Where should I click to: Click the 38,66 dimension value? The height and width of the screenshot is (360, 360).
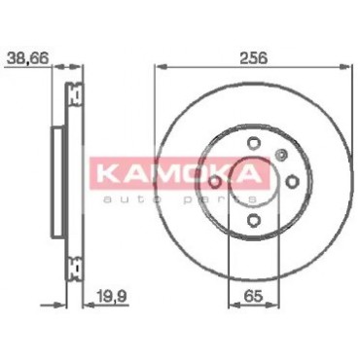click(x=27, y=58)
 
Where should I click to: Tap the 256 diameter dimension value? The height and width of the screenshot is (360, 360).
click(x=253, y=58)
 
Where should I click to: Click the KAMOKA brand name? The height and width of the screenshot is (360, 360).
click(x=180, y=173)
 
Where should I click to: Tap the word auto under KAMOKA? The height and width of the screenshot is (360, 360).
click(x=132, y=199)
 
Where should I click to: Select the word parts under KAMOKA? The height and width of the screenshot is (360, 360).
click(x=221, y=199)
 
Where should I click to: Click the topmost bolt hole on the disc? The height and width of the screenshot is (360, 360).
click(x=253, y=143)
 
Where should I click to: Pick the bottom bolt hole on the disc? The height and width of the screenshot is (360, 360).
click(x=253, y=221)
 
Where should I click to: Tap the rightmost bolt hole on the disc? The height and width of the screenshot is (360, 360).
click(x=292, y=181)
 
